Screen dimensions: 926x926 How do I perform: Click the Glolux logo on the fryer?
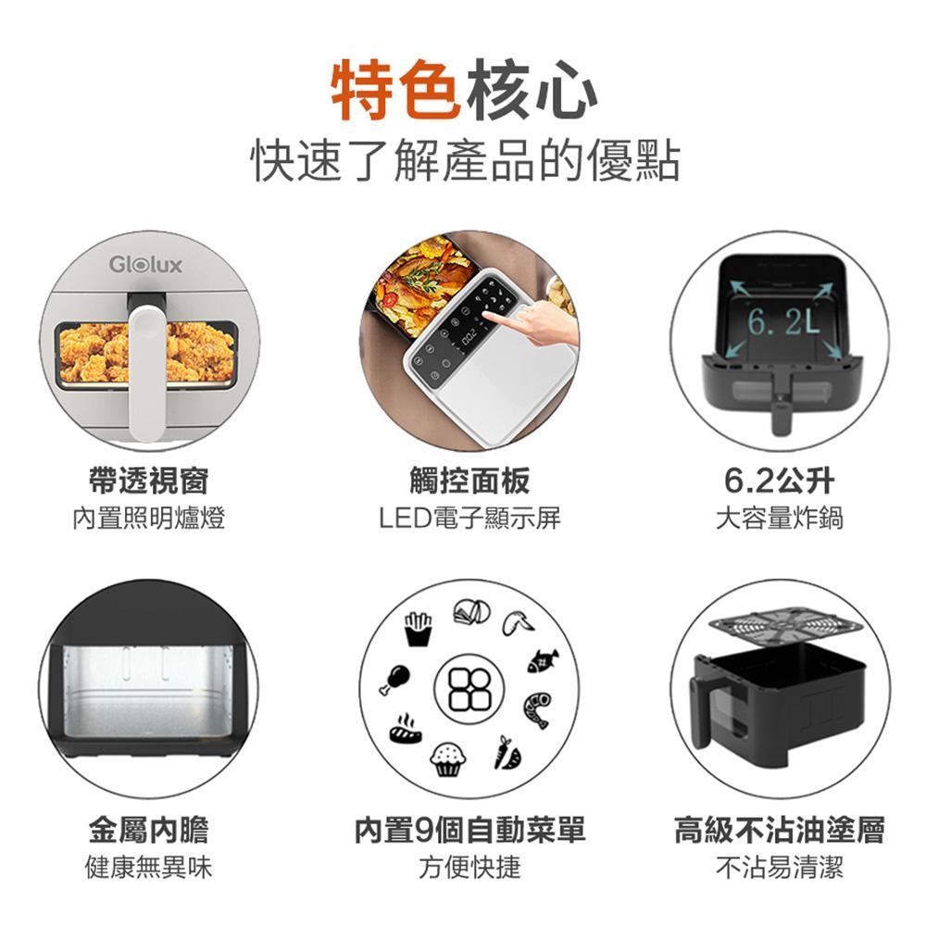pos(145,265)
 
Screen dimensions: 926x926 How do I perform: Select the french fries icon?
pos(418,629)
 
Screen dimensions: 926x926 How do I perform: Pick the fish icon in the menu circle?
pos(543,660)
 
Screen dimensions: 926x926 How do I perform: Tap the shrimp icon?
pos(537,707)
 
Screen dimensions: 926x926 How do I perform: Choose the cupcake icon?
pos(448,759)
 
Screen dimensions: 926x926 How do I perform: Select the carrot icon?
pos(505,753)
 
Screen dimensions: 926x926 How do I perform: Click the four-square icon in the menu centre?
pos(467,690)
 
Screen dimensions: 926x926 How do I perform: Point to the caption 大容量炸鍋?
pos(779,518)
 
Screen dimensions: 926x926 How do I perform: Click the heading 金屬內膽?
pos(148,830)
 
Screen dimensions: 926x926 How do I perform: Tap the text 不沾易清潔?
pos(779,868)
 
